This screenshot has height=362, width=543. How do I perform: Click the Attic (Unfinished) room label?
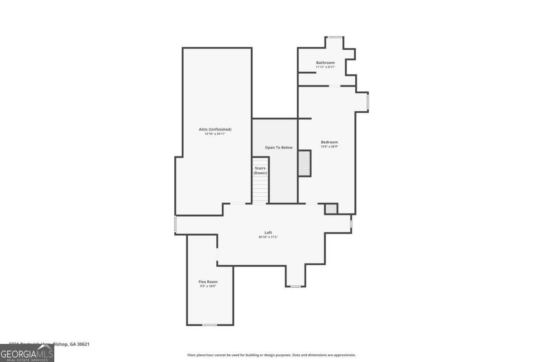[215, 129]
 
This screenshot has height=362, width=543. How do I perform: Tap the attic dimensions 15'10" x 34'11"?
[215, 134]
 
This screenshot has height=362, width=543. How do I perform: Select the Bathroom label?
[325, 62]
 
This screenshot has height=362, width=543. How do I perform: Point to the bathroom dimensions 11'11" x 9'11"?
[325, 67]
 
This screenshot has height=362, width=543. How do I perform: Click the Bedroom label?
[329, 142]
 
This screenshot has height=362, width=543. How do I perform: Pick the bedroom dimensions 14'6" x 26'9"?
[329, 147]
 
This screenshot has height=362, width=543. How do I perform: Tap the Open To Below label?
[279, 148]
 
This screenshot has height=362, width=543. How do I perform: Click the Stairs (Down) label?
[260, 171]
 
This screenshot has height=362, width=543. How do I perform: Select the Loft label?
[268, 233]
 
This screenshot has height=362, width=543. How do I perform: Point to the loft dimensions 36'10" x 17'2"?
[268, 237]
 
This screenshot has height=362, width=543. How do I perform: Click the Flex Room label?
[208, 282]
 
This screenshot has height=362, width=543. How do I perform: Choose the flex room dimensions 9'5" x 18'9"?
[208, 286]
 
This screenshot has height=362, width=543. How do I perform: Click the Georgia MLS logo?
[27, 353]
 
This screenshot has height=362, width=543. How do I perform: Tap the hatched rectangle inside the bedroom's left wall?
[305, 163]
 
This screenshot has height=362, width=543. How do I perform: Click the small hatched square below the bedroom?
[331, 209]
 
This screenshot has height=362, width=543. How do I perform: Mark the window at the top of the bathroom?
[334, 37]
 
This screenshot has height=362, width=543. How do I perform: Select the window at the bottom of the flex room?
[209, 325]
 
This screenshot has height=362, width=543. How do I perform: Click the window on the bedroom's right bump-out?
[368, 102]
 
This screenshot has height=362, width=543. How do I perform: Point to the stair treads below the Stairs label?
[260, 190]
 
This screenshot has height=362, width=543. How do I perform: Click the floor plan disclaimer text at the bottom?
[271, 355]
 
